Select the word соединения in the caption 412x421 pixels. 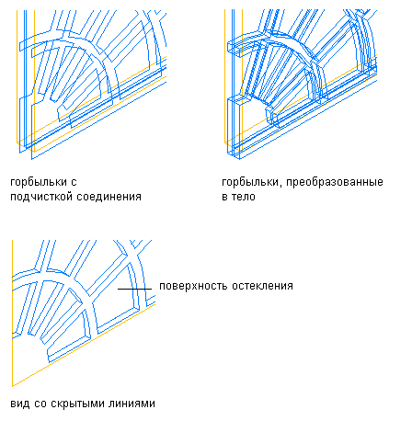point(109,197)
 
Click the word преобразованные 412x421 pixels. point(335,182)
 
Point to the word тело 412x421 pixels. point(243,197)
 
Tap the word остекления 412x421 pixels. point(262,286)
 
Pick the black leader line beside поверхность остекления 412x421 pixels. point(135,289)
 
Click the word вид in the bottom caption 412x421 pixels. point(20,404)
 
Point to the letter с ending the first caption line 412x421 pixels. point(74,183)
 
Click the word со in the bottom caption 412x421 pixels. point(40,404)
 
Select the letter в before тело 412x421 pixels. point(224,197)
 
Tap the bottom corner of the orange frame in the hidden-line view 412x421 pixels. point(12,386)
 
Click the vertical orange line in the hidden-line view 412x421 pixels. point(12,313)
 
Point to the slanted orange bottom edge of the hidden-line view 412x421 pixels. point(84,345)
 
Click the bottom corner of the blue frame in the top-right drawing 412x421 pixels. point(240,159)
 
